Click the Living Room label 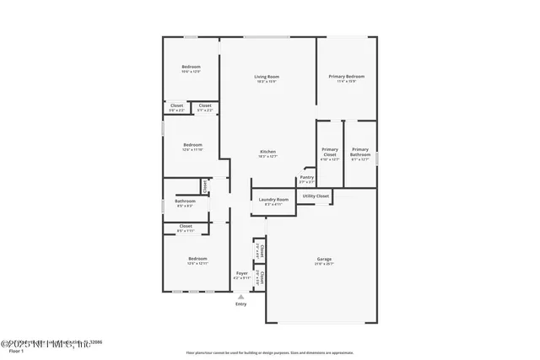click(267, 77)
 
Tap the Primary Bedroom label click(347, 77)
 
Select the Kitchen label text click(267, 151)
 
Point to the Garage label click(323, 259)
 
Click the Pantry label click(306, 177)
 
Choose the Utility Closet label click(315, 196)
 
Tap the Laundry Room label click(273, 199)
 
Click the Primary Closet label click(330, 152)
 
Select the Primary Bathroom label click(360, 152)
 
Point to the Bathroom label click(185, 201)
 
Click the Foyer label click(242, 274)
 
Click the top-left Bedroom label click(192, 67)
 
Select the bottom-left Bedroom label click(197, 259)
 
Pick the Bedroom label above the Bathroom click(192, 144)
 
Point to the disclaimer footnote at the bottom click(269, 352)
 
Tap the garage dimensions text click(323, 264)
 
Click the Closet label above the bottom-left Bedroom click(186, 226)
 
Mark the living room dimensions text click(267, 82)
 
